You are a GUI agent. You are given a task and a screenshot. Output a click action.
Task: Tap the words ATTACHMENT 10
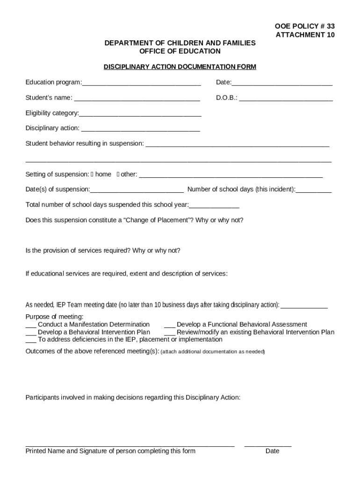click(x=305, y=35)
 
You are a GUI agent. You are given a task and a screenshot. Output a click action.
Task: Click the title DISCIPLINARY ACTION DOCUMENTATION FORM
click(x=180, y=67)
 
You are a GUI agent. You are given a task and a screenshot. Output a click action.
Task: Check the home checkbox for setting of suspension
click(x=93, y=174)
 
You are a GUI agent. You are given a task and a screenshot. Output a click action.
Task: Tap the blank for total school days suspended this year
click(x=214, y=206)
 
